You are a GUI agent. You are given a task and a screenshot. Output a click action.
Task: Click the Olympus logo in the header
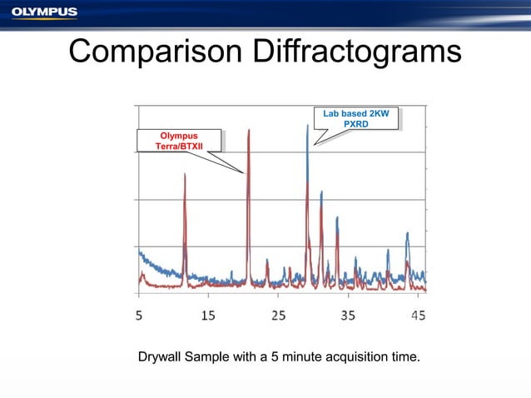(44, 12)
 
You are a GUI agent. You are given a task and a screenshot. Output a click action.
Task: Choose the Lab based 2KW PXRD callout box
(355, 118)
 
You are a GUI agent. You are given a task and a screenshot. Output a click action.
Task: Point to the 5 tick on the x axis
(139, 316)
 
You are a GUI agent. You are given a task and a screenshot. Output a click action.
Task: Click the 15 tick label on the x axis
(208, 316)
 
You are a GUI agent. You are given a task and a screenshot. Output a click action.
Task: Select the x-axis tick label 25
(278, 316)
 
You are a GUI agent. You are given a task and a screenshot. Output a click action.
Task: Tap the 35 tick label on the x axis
(348, 316)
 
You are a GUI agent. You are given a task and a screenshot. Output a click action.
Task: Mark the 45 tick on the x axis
(418, 316)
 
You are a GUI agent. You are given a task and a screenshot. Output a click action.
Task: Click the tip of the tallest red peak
(249, 130)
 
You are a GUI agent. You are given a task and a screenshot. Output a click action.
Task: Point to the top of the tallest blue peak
(307, 126)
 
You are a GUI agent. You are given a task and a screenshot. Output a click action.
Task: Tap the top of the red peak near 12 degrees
(185, 174)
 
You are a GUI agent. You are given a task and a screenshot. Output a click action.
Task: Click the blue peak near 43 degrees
(407, 234)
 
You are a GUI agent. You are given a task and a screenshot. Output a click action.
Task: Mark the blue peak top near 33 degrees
(336, 218)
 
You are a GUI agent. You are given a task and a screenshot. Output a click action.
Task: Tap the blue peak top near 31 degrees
(321, 192)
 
